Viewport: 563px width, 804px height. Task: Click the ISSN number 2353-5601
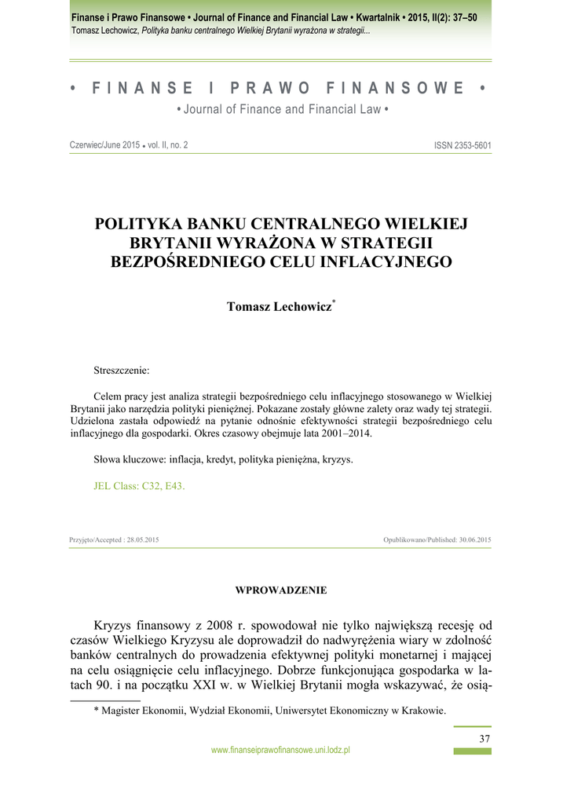tap(462, 146)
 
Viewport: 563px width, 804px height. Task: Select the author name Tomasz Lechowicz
tap(279, 307)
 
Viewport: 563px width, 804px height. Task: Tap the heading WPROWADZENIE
tap(281, 590)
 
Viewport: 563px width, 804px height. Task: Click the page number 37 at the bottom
tap(484, 739)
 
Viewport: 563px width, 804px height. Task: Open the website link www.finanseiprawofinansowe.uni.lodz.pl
tap(280, 751)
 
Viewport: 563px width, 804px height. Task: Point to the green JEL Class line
tap(139, 486)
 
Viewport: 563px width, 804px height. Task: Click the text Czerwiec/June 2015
tap(105, 146)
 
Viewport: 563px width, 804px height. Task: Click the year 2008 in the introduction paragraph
tap(222, 626)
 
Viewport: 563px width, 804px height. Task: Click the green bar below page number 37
tap(473, 751)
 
